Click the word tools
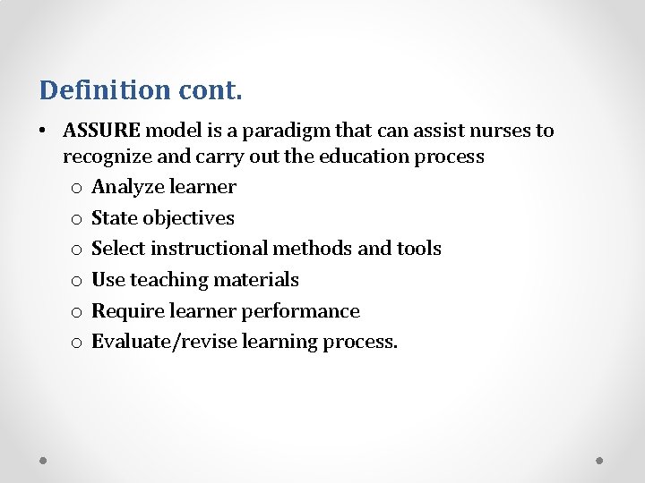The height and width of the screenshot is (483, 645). coord(419,249)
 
